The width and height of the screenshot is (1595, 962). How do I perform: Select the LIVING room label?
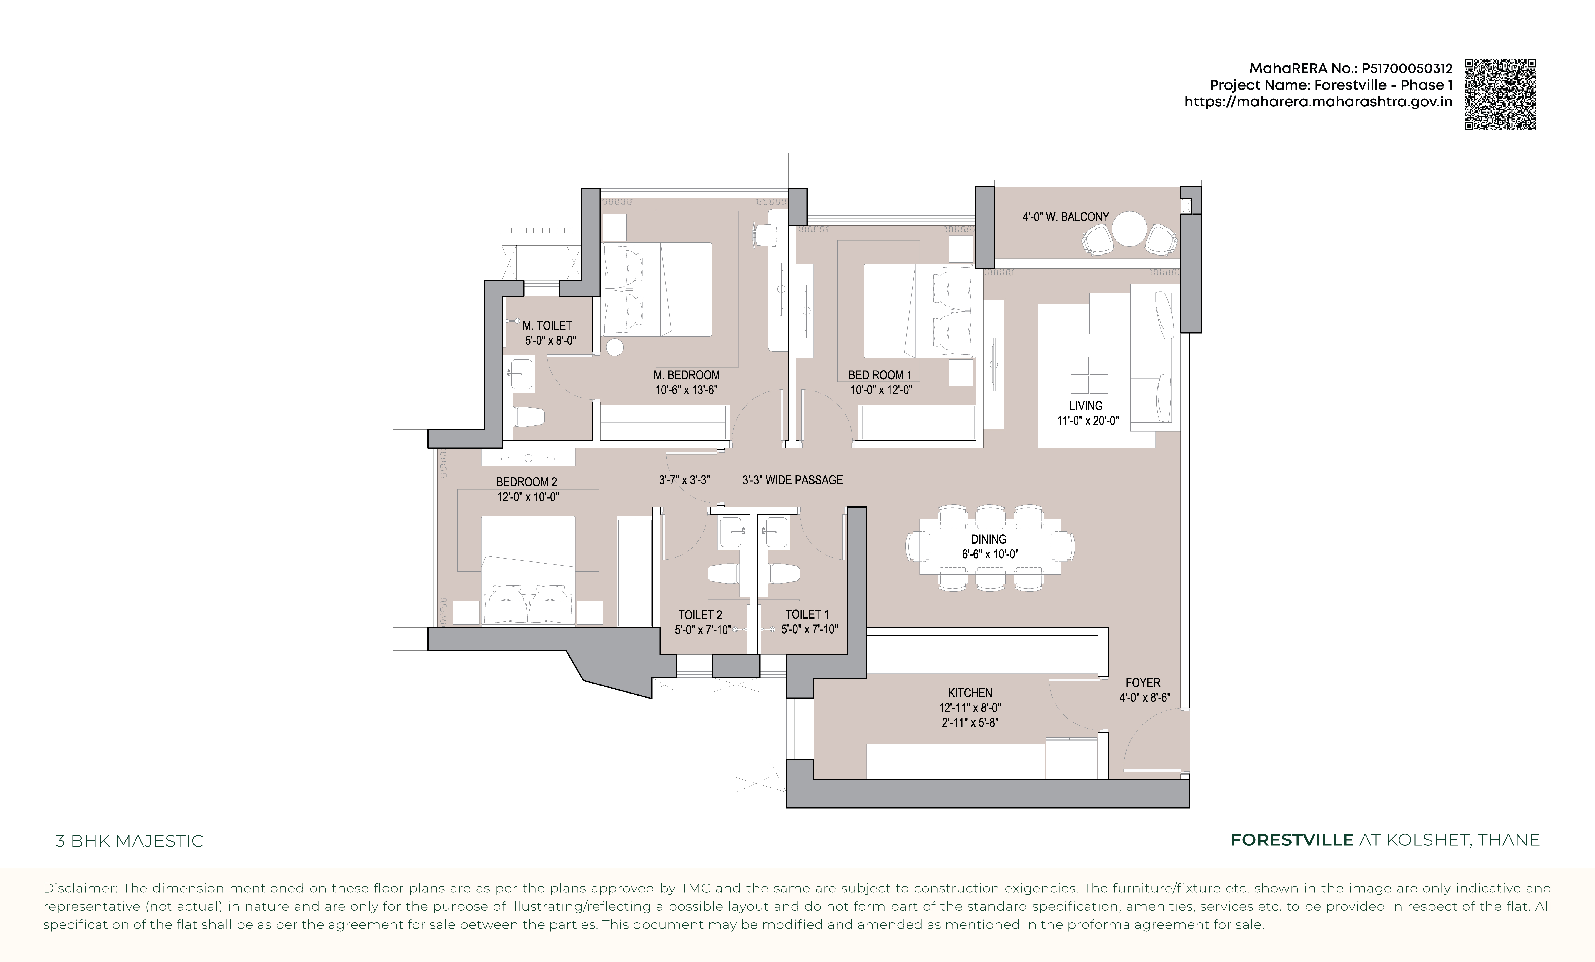(x=1086, y=406)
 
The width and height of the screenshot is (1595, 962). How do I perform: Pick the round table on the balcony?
(x=1130, y=229)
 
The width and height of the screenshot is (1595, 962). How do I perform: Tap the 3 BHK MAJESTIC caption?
(x=129, y=841)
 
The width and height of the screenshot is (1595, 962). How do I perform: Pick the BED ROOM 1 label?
(x=880, y=375)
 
